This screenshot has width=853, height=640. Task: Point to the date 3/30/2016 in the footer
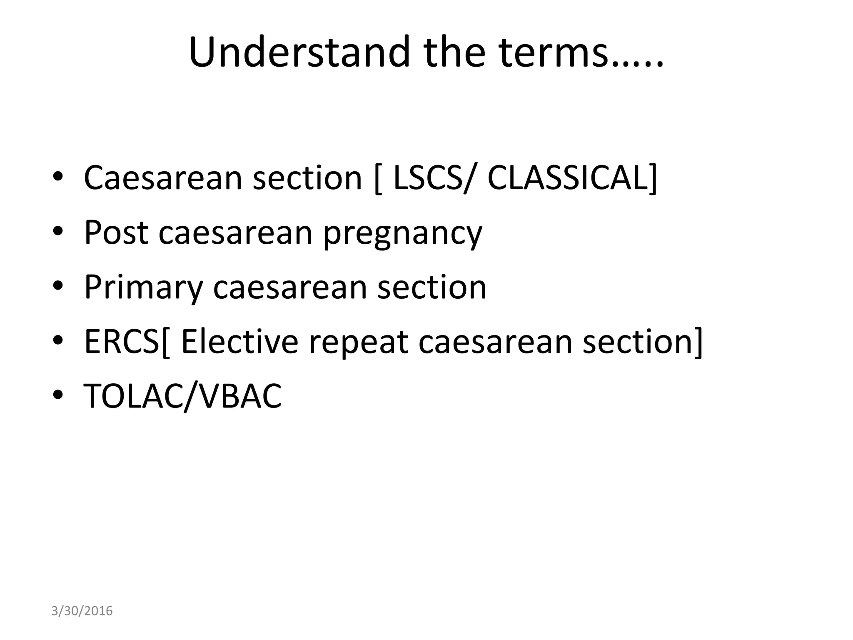click(x=82, y=611)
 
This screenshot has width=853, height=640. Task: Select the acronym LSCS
click(x=427, y=178)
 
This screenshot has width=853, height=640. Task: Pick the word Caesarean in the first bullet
click(x=163, y=178)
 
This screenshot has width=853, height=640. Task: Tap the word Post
click(x=116, y=232)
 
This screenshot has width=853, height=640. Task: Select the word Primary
click(x=143, y=288)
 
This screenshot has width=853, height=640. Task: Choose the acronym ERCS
click(x=121, y=341)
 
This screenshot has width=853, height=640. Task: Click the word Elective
click(x=240, y=341)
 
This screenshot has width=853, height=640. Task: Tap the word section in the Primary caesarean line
click(x=432, y=287)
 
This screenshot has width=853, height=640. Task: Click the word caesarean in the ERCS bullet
click(x=495, y=342)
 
